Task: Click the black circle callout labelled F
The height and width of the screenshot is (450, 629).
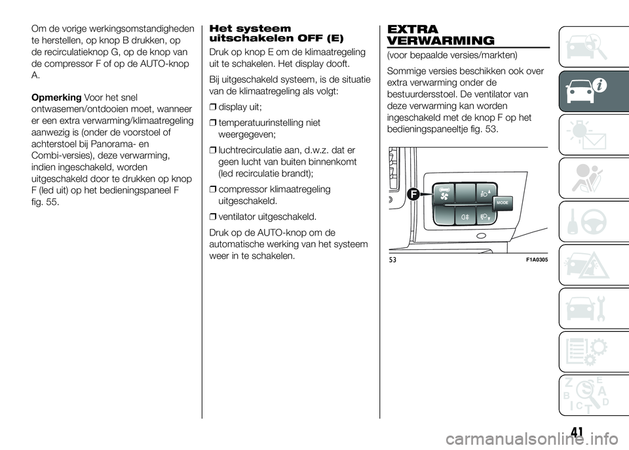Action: pos(413,195)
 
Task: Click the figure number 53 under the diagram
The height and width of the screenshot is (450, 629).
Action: pos(392,260)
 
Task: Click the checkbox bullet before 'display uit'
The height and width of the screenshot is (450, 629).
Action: pos(212,107)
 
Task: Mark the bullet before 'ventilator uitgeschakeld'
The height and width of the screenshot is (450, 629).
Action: pos(212,216)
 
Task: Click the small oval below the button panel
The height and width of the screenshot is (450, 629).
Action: pos(482,235)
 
